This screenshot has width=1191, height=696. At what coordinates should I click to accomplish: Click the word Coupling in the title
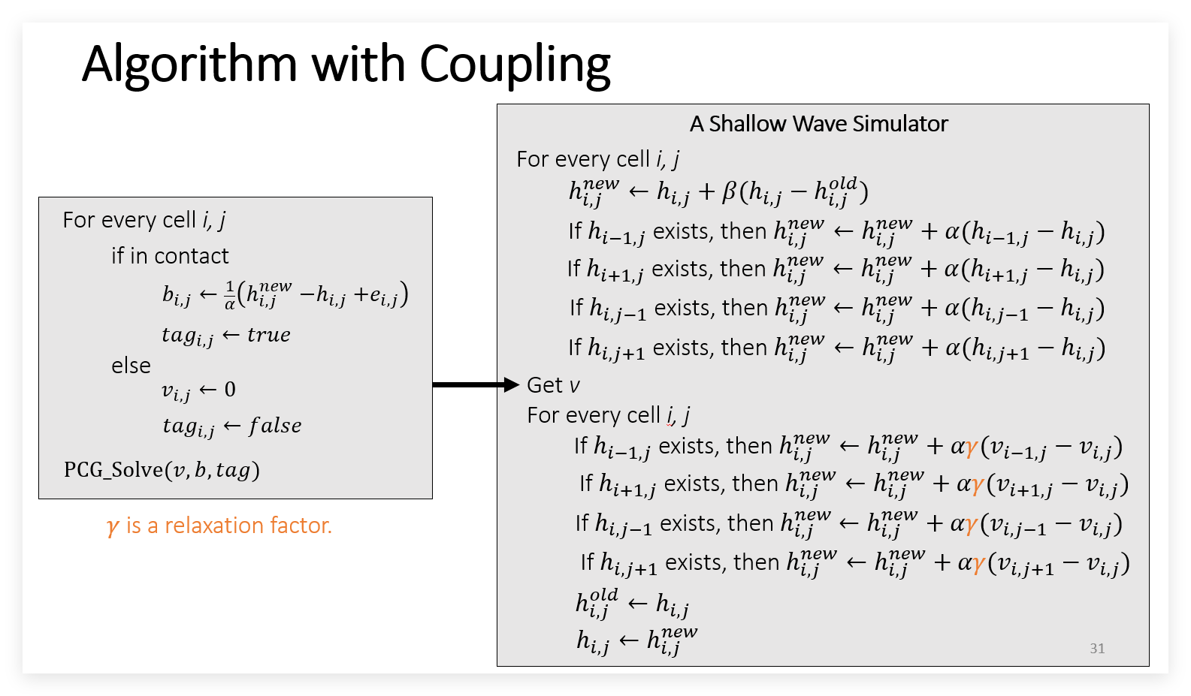[515, 65]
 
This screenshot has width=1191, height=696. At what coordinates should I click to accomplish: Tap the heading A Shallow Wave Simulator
[819, 124]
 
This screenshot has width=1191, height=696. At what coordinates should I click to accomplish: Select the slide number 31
[1097, 648]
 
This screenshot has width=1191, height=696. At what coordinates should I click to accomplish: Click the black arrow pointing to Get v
[476, 384]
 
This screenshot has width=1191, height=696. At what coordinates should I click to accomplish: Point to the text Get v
[553, 385]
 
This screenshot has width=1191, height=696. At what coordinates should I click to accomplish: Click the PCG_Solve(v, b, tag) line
[162, 470]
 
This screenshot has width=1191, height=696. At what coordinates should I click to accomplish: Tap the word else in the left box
[131, 366]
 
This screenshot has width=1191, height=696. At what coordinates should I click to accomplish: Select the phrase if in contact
[170, 256]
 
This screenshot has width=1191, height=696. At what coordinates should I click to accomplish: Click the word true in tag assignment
[269, 335]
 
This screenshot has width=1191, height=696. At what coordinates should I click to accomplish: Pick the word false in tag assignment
[276, 426]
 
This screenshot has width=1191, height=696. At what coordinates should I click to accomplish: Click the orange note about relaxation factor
[219, 526]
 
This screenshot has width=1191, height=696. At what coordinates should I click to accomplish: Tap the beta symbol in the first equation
[729, 191]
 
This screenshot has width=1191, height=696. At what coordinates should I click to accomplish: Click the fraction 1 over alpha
[230, 295]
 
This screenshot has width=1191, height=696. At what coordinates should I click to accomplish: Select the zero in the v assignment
[230, 390]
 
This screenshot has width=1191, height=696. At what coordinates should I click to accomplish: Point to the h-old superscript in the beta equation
[843, 184]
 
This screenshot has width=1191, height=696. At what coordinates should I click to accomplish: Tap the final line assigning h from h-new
[637, 640]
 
